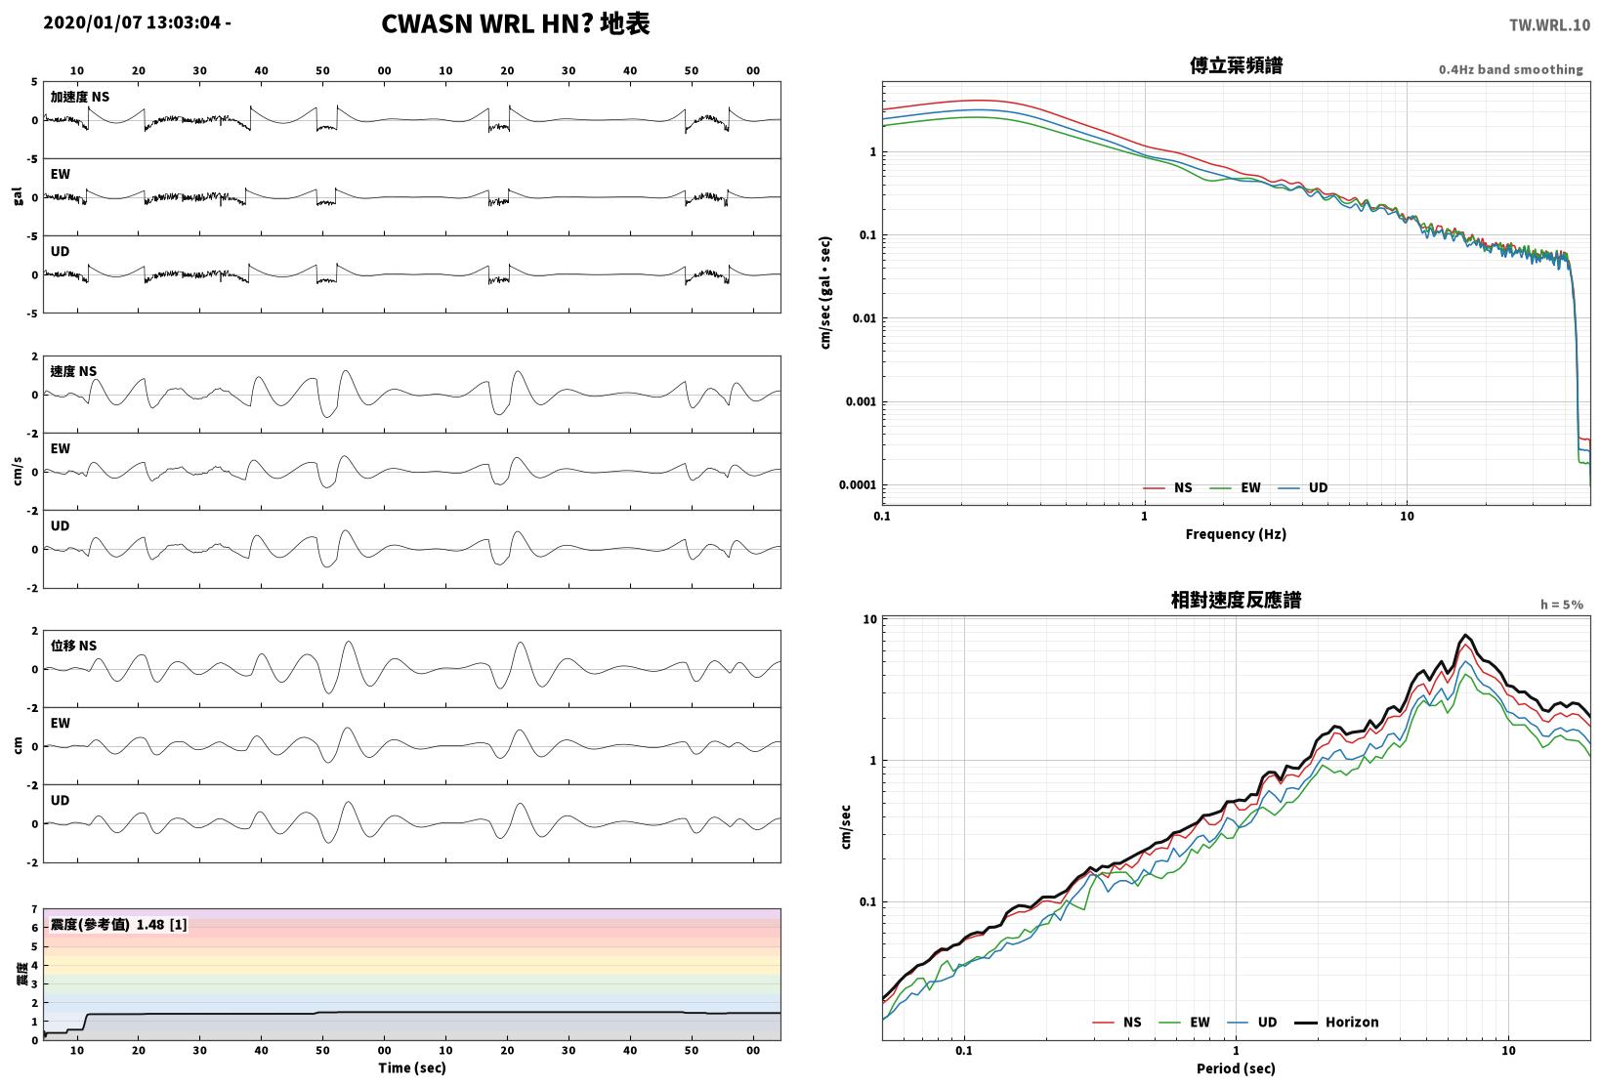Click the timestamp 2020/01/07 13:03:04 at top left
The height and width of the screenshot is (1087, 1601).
point(132,22)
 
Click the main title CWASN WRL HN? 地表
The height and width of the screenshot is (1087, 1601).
point(516,23)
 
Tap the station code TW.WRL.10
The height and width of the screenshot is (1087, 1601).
point(1549,25)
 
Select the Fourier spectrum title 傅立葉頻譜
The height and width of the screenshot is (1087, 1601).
point(1236,65)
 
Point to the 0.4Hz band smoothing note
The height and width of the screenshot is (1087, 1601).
point(1511,69)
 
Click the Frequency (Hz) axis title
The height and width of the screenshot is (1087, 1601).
point(1236,534)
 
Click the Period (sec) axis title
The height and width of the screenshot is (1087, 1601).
point(1236,1068)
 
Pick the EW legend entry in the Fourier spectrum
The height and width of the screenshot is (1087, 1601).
point(1235,487)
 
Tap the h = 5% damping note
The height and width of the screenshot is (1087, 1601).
point(1562,605)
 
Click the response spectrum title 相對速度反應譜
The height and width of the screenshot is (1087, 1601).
point(1236,600)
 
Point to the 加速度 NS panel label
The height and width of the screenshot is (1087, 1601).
point(80,97)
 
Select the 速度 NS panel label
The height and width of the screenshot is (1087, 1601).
point(73,371)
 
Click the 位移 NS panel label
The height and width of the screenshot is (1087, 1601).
point(73,646)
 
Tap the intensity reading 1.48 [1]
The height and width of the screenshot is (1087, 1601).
point(161,925)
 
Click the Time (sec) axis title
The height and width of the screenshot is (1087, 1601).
point(411,1067)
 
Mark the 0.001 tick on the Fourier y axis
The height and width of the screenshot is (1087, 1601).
point(861,401)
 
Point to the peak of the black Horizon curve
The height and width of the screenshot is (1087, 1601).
point(1465,635)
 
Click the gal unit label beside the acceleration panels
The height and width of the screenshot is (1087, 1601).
point(18,196)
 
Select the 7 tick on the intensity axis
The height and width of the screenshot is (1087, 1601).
point(34,909)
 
